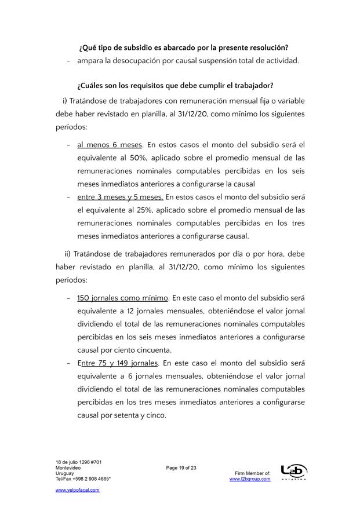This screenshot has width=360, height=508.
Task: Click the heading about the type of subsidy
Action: [x=183, y=47]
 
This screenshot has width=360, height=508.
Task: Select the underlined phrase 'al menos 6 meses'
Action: [x=110, y=144]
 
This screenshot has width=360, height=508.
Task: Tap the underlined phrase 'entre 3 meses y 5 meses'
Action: [x=120, y=197]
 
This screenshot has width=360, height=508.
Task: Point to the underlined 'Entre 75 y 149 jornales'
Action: [x=118, y=363]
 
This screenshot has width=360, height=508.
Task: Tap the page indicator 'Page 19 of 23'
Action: [x=181, y=467]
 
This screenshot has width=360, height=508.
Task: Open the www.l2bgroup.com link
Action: [x=250, y=479]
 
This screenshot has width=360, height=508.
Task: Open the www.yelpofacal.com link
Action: [x=78, y=490]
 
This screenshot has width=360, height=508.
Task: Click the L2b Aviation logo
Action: [x=293, y=472]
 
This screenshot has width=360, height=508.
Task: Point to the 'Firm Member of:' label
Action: [x=252, y=473]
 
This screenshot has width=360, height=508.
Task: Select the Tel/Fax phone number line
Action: [x=83, y=479]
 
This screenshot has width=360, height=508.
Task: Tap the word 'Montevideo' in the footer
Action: [x=67, y=467]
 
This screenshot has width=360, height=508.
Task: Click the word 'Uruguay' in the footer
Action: [x=64, y=473]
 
